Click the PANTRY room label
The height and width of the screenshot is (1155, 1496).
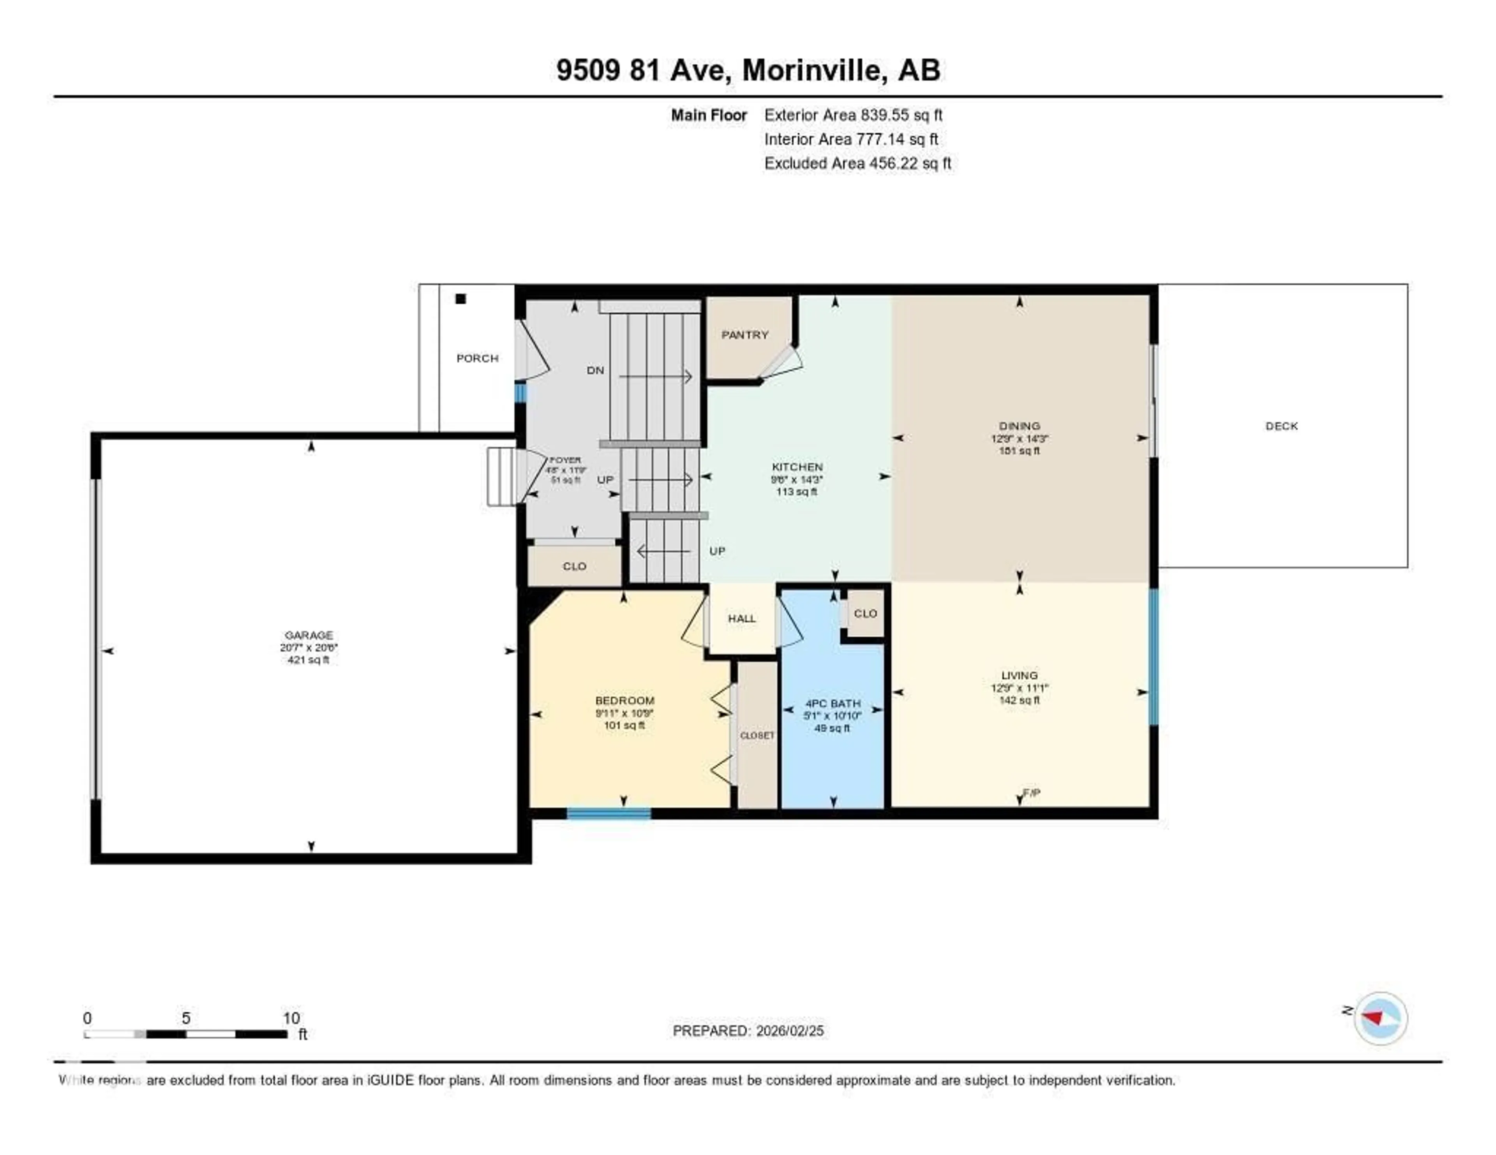(x=744, y=335)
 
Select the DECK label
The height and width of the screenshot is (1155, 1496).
(x=1281, y=426)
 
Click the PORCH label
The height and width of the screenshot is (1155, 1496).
(x=477, y=358)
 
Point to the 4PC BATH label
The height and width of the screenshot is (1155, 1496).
(x=832, y=703)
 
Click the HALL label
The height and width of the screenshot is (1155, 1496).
(x=742, y=618)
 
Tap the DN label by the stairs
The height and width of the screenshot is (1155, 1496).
(x=595, y=370)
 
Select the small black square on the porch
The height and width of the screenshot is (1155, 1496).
(x=461, y=299)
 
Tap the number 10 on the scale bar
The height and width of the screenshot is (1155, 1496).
(x=291, y=1018)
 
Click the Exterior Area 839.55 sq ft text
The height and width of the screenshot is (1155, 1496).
(x=853, y=115)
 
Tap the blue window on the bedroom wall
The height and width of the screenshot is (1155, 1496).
(x=608, y=813)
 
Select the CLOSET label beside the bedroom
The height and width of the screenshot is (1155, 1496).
(x=757, y=735)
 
